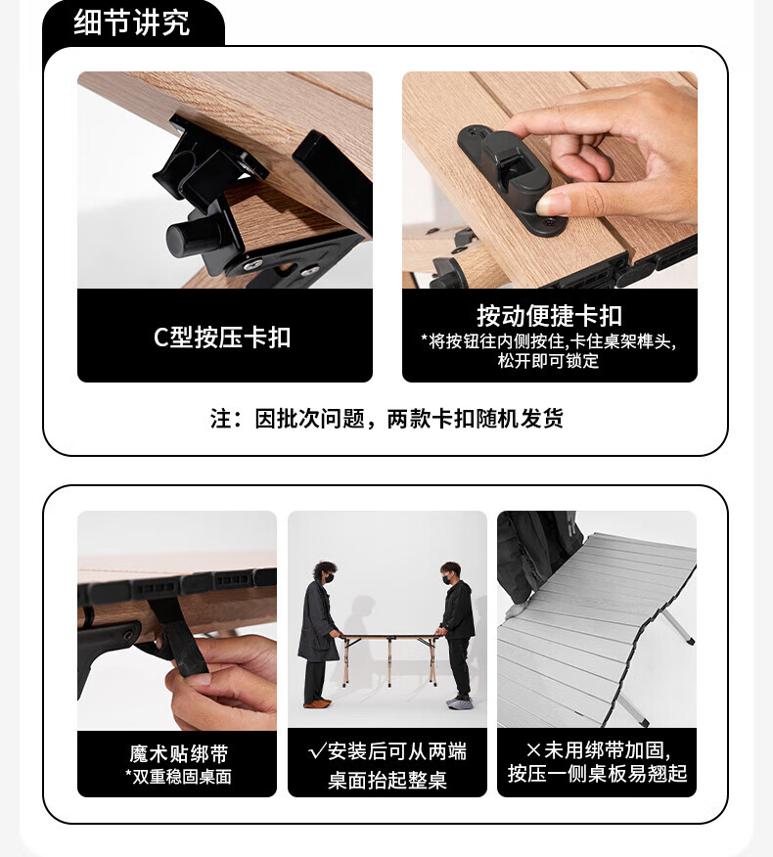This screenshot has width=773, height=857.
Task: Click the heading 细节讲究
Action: pos(132,23)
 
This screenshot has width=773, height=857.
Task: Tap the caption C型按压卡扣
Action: pos(222,337)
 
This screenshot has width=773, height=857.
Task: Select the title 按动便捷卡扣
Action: pos(549,315)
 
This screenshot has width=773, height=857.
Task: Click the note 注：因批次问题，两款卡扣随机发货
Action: pos(386,419)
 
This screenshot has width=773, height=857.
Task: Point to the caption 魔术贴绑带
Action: pos(179,753)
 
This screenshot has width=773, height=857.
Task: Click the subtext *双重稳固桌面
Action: pos(178,777)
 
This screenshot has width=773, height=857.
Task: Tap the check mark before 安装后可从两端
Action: pos(317,751)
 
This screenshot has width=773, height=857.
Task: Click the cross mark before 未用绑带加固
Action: pos(533,749)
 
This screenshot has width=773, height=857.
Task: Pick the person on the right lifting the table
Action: pos(457,634)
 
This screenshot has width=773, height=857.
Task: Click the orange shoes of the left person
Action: pos(317,702)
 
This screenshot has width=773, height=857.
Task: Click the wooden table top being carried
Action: pos(388,636)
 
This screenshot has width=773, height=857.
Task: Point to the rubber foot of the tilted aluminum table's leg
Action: pos(691,640)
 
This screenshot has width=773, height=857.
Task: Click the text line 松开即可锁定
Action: pos(548,361)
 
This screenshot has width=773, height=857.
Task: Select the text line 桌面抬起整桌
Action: pos(387,780)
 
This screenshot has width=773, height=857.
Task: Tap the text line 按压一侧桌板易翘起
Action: pos(597,774)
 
